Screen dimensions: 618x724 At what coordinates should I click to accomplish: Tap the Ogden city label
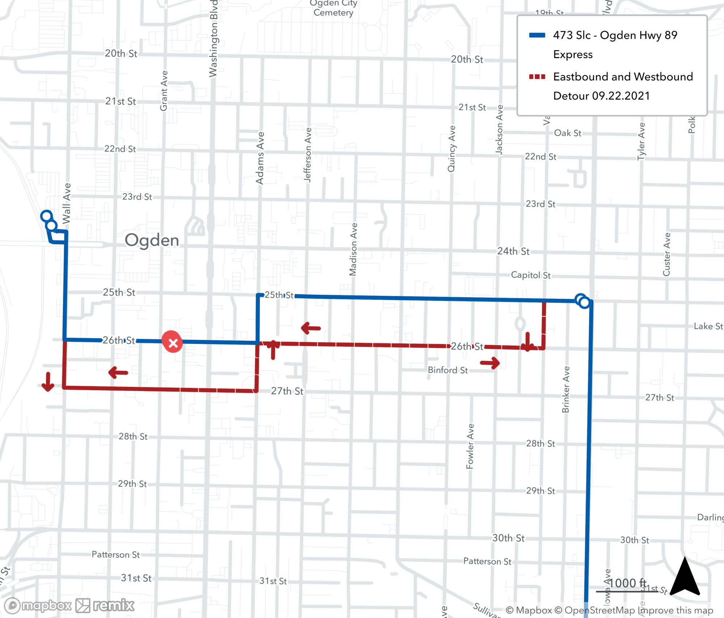pos(152,240)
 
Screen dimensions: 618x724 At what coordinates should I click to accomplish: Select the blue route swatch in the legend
pos(537,35)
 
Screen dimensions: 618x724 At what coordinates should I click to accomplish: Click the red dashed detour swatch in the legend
pos(537,77)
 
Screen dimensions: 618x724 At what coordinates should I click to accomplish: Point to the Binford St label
pos(448,370)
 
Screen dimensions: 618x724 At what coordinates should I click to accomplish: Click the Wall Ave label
pos(67,203)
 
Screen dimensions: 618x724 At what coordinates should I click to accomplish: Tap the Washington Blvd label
pos(213,38)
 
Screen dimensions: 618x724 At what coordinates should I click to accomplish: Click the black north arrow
pos(685,576)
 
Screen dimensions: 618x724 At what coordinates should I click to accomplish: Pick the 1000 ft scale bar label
pos(627,583)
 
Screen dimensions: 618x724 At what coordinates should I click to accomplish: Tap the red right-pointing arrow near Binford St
pos(490,362)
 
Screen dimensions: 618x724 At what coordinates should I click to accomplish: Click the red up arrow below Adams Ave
pos(273,349)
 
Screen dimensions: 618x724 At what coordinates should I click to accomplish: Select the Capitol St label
pos(531,275)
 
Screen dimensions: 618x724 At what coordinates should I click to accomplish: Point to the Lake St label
pos(708,326)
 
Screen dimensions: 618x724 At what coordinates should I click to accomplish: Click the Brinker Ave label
pos(566,389)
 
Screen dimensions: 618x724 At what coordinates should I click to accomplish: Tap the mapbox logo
pos(38,605)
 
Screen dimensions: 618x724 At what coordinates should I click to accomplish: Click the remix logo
pos(105,605)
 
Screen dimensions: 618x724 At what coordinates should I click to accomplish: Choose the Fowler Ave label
pos(470,446)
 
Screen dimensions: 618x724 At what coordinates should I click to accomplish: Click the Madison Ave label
pos(353,249)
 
